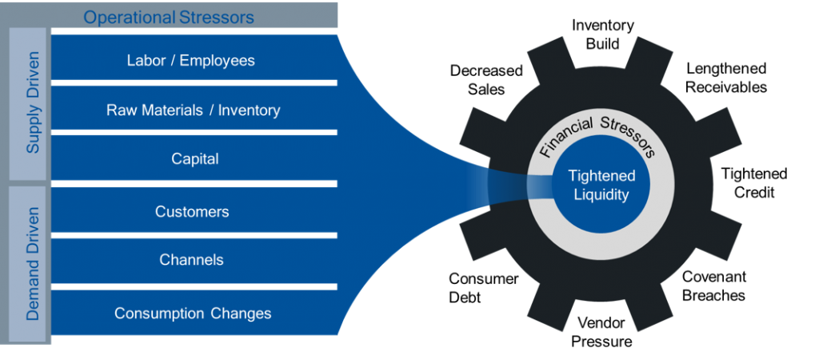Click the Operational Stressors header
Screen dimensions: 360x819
[x=169, y=16]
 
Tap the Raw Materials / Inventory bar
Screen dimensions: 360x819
[x=193, y=110]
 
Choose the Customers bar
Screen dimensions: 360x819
[x=192, y=212]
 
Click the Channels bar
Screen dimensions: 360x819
[x=191, y=260]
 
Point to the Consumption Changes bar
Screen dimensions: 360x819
[x=193, y=313]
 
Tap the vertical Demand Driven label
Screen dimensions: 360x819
[x=33, y=263]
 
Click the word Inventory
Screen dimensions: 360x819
[x=249, y=110]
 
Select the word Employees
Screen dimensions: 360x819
[x=217, y=60]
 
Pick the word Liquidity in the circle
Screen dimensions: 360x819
[x=601, y=194]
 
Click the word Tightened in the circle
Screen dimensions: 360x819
[x=601, y=176]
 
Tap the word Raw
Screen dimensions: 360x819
[x=120, y=110]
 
